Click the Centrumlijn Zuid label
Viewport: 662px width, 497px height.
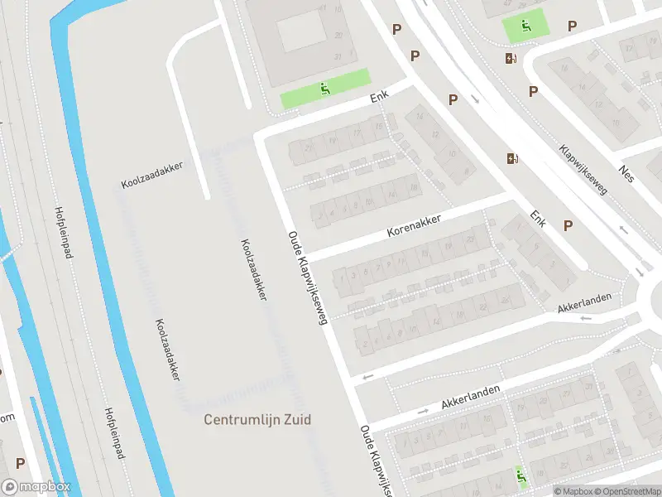point(257,420)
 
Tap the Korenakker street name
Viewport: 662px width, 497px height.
point(415,226)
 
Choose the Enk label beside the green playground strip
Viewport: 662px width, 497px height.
point(380,98)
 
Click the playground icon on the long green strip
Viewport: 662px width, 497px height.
point(325,89)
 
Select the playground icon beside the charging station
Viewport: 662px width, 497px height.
point(525,26)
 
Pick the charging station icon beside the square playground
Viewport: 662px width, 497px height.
point(511,58)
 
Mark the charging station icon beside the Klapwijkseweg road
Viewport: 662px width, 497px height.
point(511,158)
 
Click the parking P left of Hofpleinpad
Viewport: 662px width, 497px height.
point(20,464)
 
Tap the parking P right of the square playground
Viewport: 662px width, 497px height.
point(572,27)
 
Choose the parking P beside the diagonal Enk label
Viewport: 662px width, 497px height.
point(568,225)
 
